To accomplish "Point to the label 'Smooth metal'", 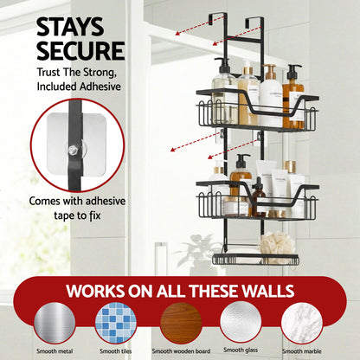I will (x=55, y=351).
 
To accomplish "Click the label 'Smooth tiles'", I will (x=115, y=351).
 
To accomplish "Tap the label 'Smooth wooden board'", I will (x=180, y=351).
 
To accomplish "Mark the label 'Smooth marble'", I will (x=302, y=351).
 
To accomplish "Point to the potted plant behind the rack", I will (x=196, y=251).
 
